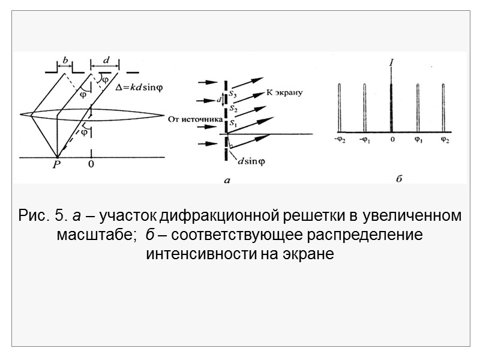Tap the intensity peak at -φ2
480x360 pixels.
(x=339, y=108)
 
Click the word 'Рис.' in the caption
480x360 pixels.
(x=34, y=215)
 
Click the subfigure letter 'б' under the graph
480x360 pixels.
(x=398, y=179)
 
